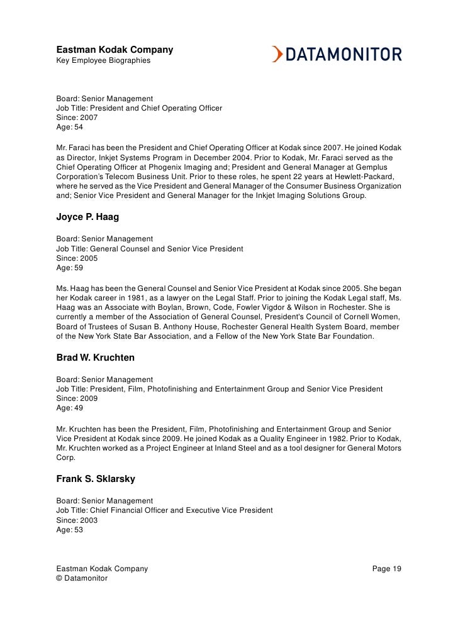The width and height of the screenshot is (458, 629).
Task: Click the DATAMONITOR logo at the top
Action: pos(337,55)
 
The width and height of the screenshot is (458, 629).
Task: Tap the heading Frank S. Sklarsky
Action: pos(96,481)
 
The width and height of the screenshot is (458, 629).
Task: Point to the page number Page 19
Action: pos(386,569)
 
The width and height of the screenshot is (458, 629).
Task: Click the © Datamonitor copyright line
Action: pos(82,578)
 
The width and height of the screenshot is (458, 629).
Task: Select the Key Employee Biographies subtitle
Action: pos(104,60)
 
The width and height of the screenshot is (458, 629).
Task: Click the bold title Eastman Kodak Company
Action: pos(114,50)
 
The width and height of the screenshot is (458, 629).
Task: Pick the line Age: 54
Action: pos(70,127)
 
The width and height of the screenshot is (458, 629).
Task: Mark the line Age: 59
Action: pos(70,268)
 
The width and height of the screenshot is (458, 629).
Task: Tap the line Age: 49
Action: pos(70,408)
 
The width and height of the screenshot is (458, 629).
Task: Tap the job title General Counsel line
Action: pos(150,249)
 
